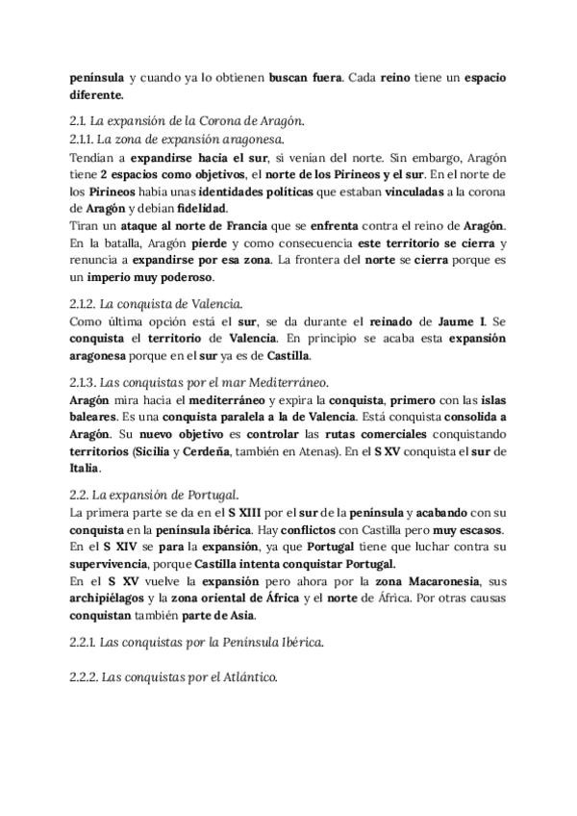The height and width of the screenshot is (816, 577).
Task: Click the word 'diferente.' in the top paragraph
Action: (97, 95)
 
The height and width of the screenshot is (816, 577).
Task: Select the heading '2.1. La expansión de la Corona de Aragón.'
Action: (188, 121)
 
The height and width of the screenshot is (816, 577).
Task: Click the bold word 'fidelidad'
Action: (230, 207)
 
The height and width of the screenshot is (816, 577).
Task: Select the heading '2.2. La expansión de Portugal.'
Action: (154, 494)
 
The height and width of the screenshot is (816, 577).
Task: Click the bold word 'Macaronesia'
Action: (448, 581)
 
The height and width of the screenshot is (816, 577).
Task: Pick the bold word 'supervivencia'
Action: (114, 564)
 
